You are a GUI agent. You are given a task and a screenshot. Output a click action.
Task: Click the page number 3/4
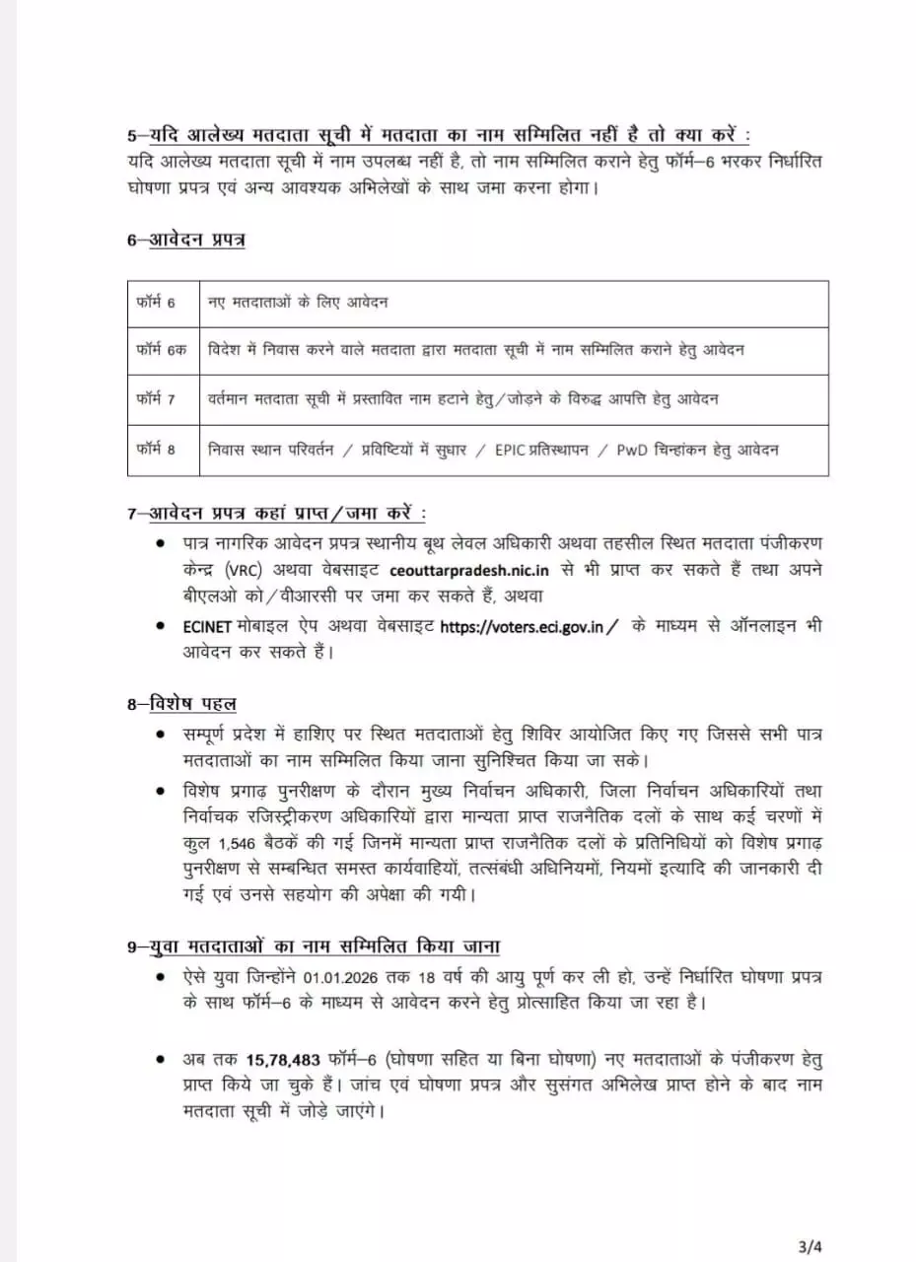[808, 1218]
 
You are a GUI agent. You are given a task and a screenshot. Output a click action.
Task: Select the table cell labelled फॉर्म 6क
[160, 350]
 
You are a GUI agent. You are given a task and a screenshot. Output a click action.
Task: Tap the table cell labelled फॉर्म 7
[156, 399]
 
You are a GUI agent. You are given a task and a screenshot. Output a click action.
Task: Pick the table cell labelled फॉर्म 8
[156, 450]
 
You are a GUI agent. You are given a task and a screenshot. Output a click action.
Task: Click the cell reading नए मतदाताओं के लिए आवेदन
[297, 303]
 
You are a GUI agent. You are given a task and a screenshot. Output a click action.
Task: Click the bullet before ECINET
[161, 626]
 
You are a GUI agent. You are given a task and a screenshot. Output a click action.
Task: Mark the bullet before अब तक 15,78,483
[161, 1060]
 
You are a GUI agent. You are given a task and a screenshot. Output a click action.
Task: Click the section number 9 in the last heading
[131, 946]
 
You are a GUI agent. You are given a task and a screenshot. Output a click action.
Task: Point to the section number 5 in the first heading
[131, 135]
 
